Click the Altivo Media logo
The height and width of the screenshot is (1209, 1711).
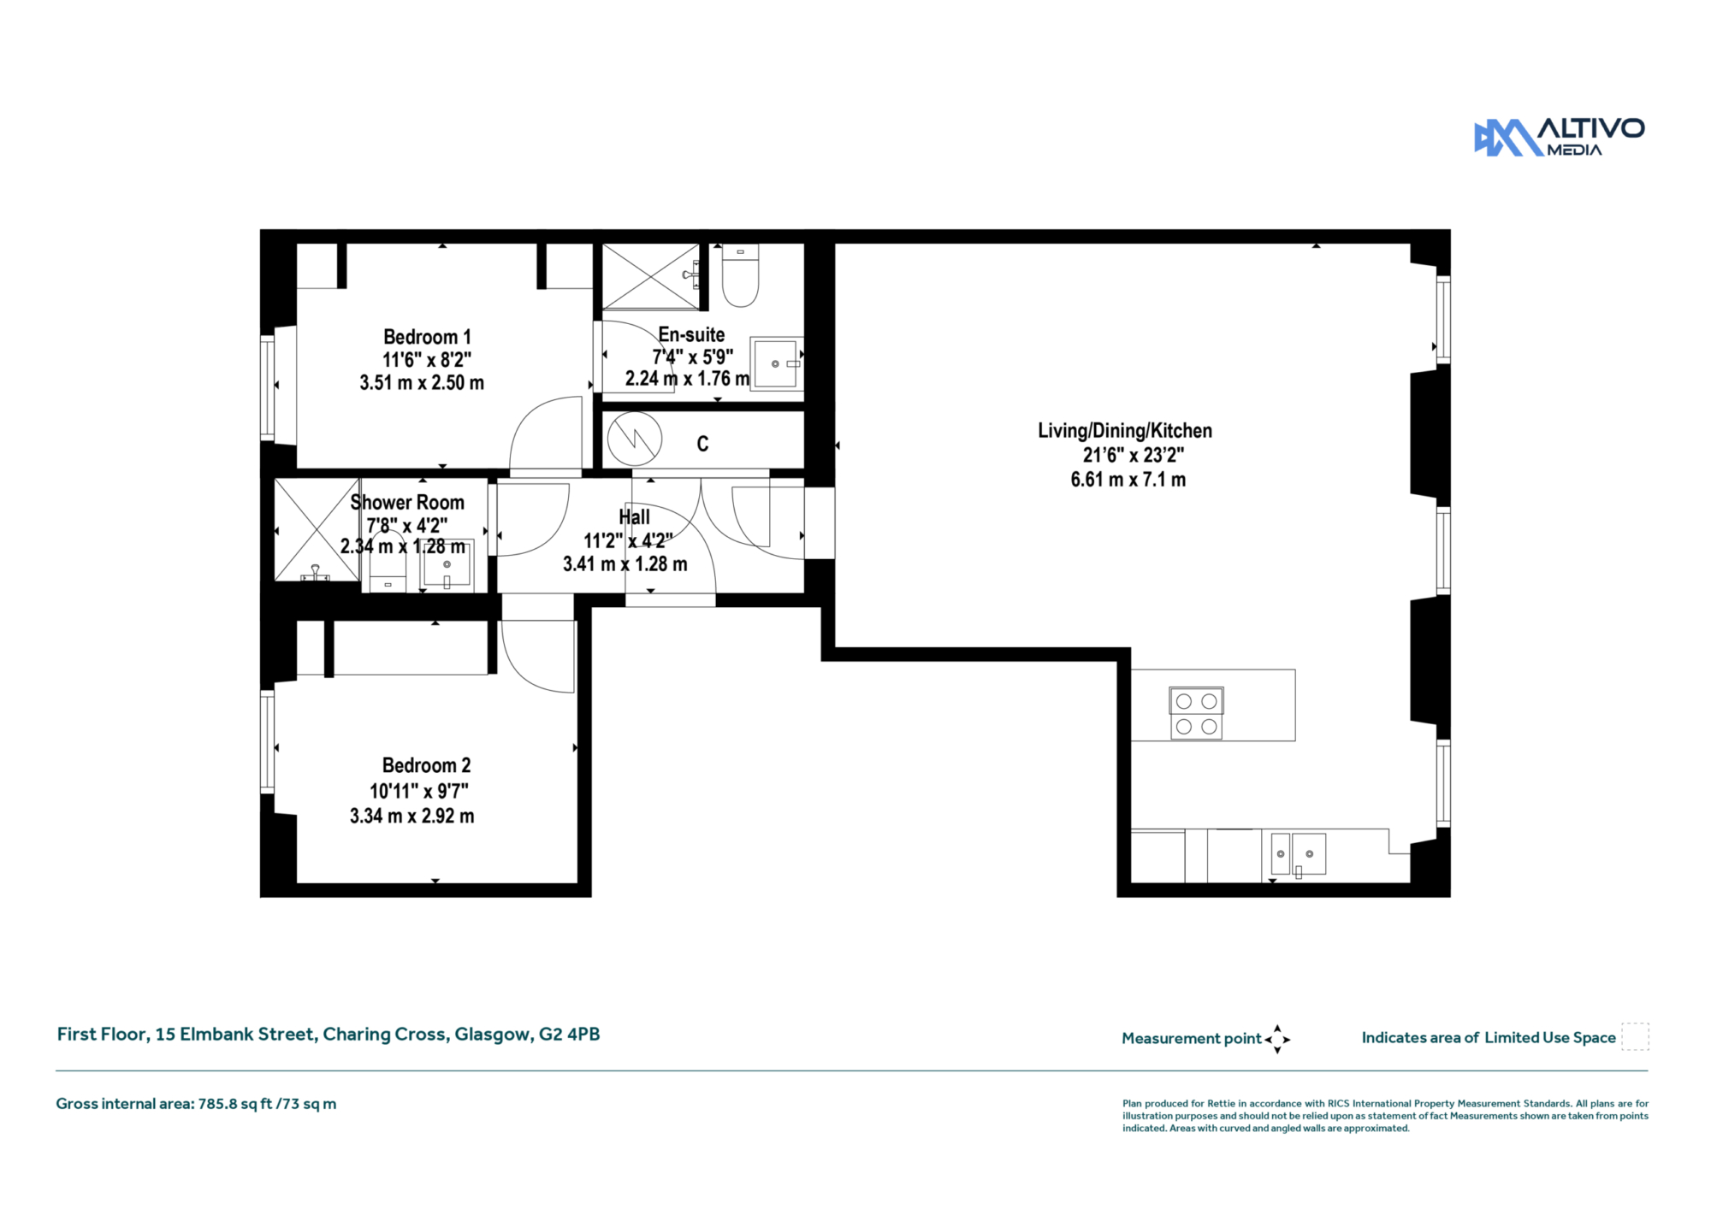[x=1559, y=137]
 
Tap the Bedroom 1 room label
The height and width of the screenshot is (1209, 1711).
[x=427, y=337]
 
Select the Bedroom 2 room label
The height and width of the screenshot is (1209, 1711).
[x=426, y=765]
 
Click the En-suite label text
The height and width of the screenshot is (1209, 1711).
[x=691, y=334]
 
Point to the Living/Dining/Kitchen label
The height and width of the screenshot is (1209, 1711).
[x=1125, y=430]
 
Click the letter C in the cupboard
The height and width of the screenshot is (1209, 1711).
[x=702, y=444]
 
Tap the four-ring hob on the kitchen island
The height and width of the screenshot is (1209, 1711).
[x=1196, y=713]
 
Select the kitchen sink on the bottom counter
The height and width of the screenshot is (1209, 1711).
[x=1298, y=854]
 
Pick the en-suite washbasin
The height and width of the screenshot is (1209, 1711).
[x=777, y=364]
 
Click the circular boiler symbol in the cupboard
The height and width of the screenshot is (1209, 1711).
[x=635, y=439]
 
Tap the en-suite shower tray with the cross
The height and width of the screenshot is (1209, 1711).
[x=651, y=276]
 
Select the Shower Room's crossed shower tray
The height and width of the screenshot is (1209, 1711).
[x=317, y=530]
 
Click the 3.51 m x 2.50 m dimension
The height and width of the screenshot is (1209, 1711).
[x=422, y=382]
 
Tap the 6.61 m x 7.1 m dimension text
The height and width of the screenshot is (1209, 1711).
[x=1128, y=480]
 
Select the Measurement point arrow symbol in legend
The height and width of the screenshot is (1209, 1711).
[x=1277, y=1039]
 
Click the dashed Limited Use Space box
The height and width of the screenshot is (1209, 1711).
[x=1635, y=1036]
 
